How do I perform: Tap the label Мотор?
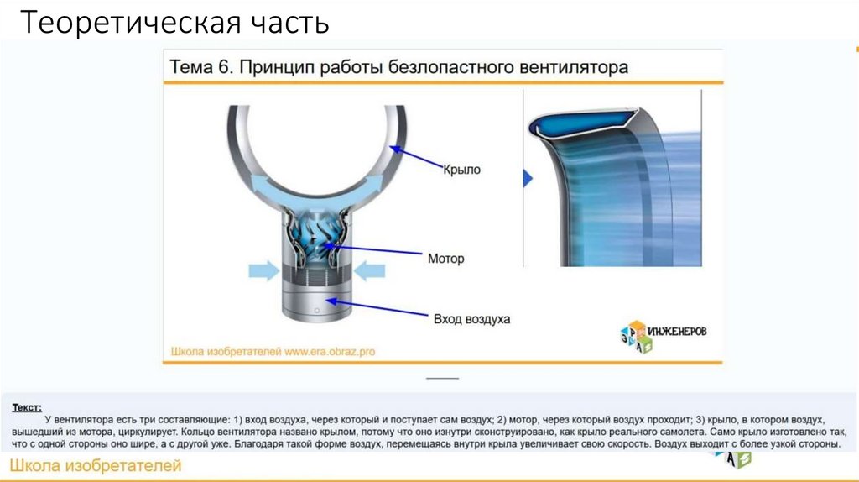click(x=445, y=259)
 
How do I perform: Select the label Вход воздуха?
click(x=471, y=319)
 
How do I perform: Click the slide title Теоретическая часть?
click(x=174, y=23)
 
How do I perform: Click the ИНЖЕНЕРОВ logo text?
click(x=675, y=331)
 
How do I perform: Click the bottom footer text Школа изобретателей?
click(x=95, y=466)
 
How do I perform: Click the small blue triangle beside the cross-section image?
click(x=528, y=178)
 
